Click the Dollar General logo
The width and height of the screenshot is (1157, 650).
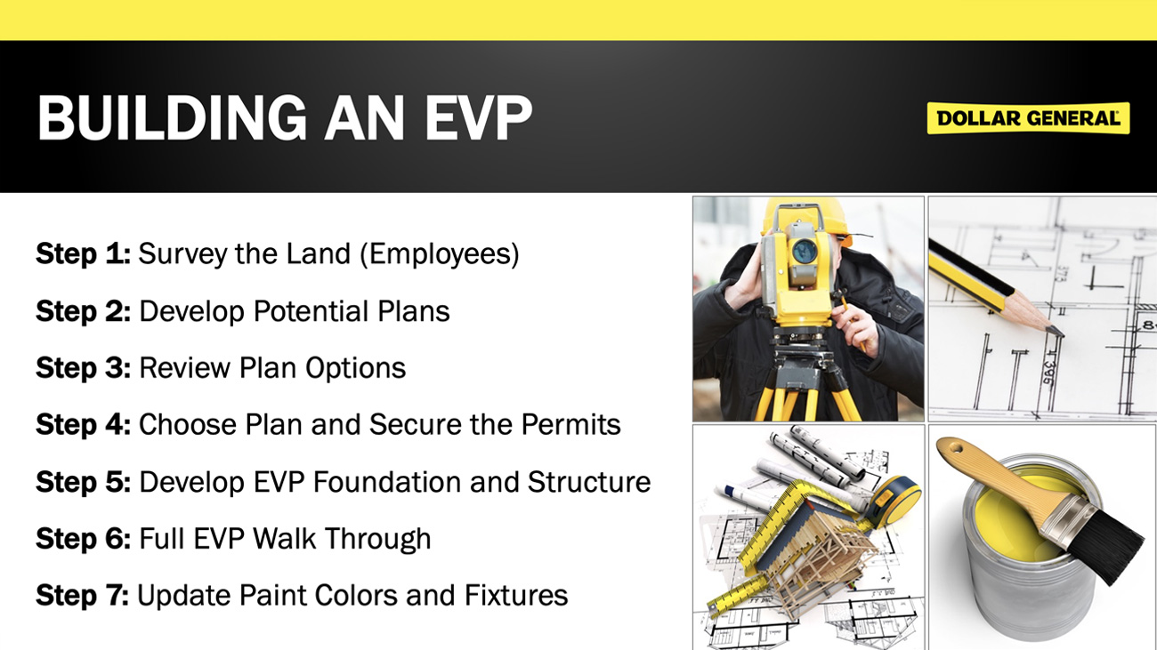click(1028, 118)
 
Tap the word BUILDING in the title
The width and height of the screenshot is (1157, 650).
click(173, 117)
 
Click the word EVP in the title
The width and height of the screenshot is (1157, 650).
click(478, 117)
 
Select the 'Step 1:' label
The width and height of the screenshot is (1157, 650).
click(83, 253)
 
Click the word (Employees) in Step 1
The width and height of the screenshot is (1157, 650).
click(440, 254)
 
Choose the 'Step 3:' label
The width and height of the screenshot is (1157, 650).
click(83, 368)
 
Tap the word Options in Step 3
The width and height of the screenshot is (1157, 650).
click(355, 368)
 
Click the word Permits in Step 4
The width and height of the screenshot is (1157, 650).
click(570, 424)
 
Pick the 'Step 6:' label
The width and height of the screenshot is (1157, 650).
click(83, 539)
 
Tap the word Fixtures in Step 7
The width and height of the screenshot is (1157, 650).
click(516, 596)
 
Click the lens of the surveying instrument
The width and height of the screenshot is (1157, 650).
click(805, 252)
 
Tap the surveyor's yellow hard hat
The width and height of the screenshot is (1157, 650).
click(805, 217)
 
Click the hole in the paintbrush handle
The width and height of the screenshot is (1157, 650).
click(956, 448)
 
